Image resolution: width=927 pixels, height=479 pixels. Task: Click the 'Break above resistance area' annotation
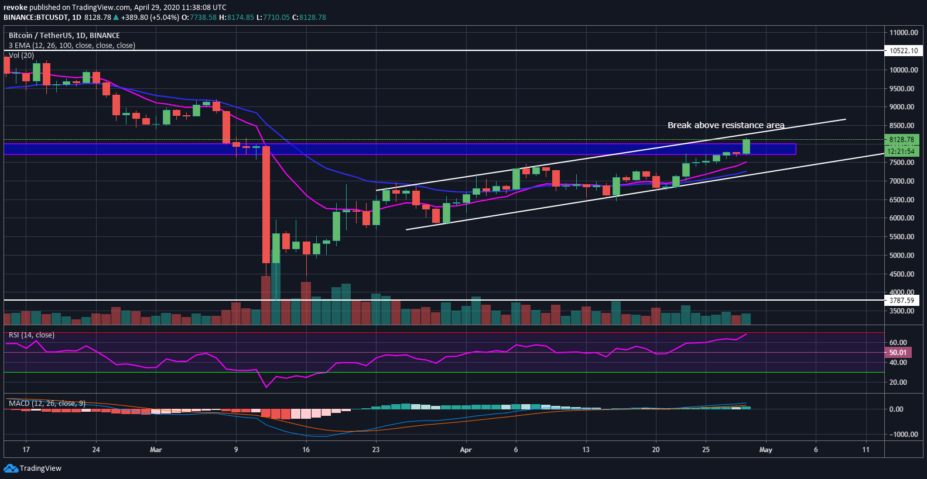click(x=726, y=125)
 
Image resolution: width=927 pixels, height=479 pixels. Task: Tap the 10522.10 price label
click(x=904, y=51)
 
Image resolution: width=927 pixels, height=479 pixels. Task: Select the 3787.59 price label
click(x=902, y=301)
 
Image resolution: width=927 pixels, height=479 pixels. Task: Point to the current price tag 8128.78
click(x=902, y=140)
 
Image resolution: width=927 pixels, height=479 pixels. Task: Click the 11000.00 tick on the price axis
click(x=904, y=33)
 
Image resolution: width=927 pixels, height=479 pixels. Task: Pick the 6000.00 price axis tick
click(x=902, y=218)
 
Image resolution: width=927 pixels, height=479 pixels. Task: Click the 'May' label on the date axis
click(x=765, y=450)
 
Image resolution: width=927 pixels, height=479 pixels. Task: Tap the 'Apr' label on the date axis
click(x=466, y=450)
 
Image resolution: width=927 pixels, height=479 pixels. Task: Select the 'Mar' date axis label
click(x=156, y=450)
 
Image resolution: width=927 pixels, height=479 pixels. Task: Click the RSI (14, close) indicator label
click(x=32, y=335)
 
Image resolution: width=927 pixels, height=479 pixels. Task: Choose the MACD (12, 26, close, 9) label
click(x=47, y=404)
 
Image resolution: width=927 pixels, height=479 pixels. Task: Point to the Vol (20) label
click(x=21, y=56)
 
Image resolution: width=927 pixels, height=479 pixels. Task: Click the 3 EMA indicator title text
click(x=72, y=46)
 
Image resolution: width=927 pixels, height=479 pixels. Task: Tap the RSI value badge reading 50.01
click(x=898, y=353)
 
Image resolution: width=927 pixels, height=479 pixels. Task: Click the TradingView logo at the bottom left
click(x=33, y=468)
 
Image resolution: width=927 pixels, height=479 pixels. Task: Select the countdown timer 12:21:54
click(x=901, y=151)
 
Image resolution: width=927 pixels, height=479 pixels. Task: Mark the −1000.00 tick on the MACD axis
click(x=903, y=435)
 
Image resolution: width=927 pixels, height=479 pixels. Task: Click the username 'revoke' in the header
click(x=15, y=8)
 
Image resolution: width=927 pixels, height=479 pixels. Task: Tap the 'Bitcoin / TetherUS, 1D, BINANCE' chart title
click(x=64, y=36)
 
